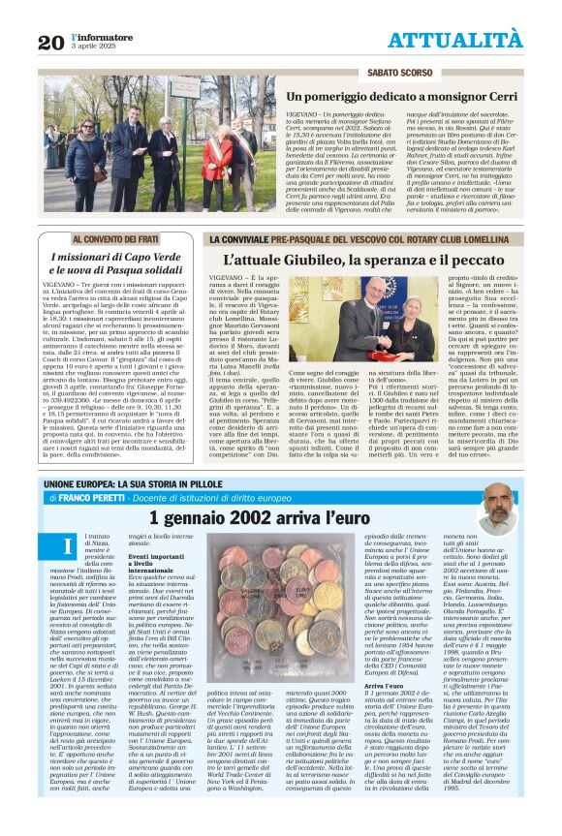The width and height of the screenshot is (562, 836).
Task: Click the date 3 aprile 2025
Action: pyautogui.click(x=94, y=46)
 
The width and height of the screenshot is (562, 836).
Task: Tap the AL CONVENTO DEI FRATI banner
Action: pyautogui.click(x=121, y=237)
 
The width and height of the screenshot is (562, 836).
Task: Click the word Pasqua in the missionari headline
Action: pyautogui.click(x=138, y=268)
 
